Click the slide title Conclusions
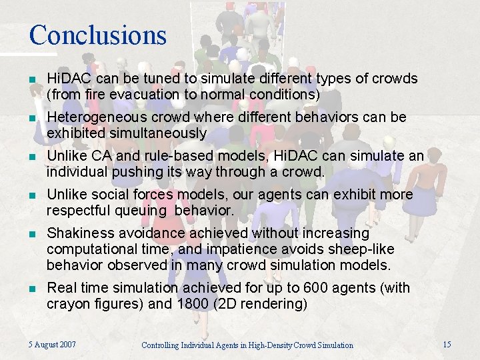coord(97,35)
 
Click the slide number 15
coord(447,344)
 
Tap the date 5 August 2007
coord(52,344)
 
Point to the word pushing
coord(136,172)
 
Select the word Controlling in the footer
coord(163,345)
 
